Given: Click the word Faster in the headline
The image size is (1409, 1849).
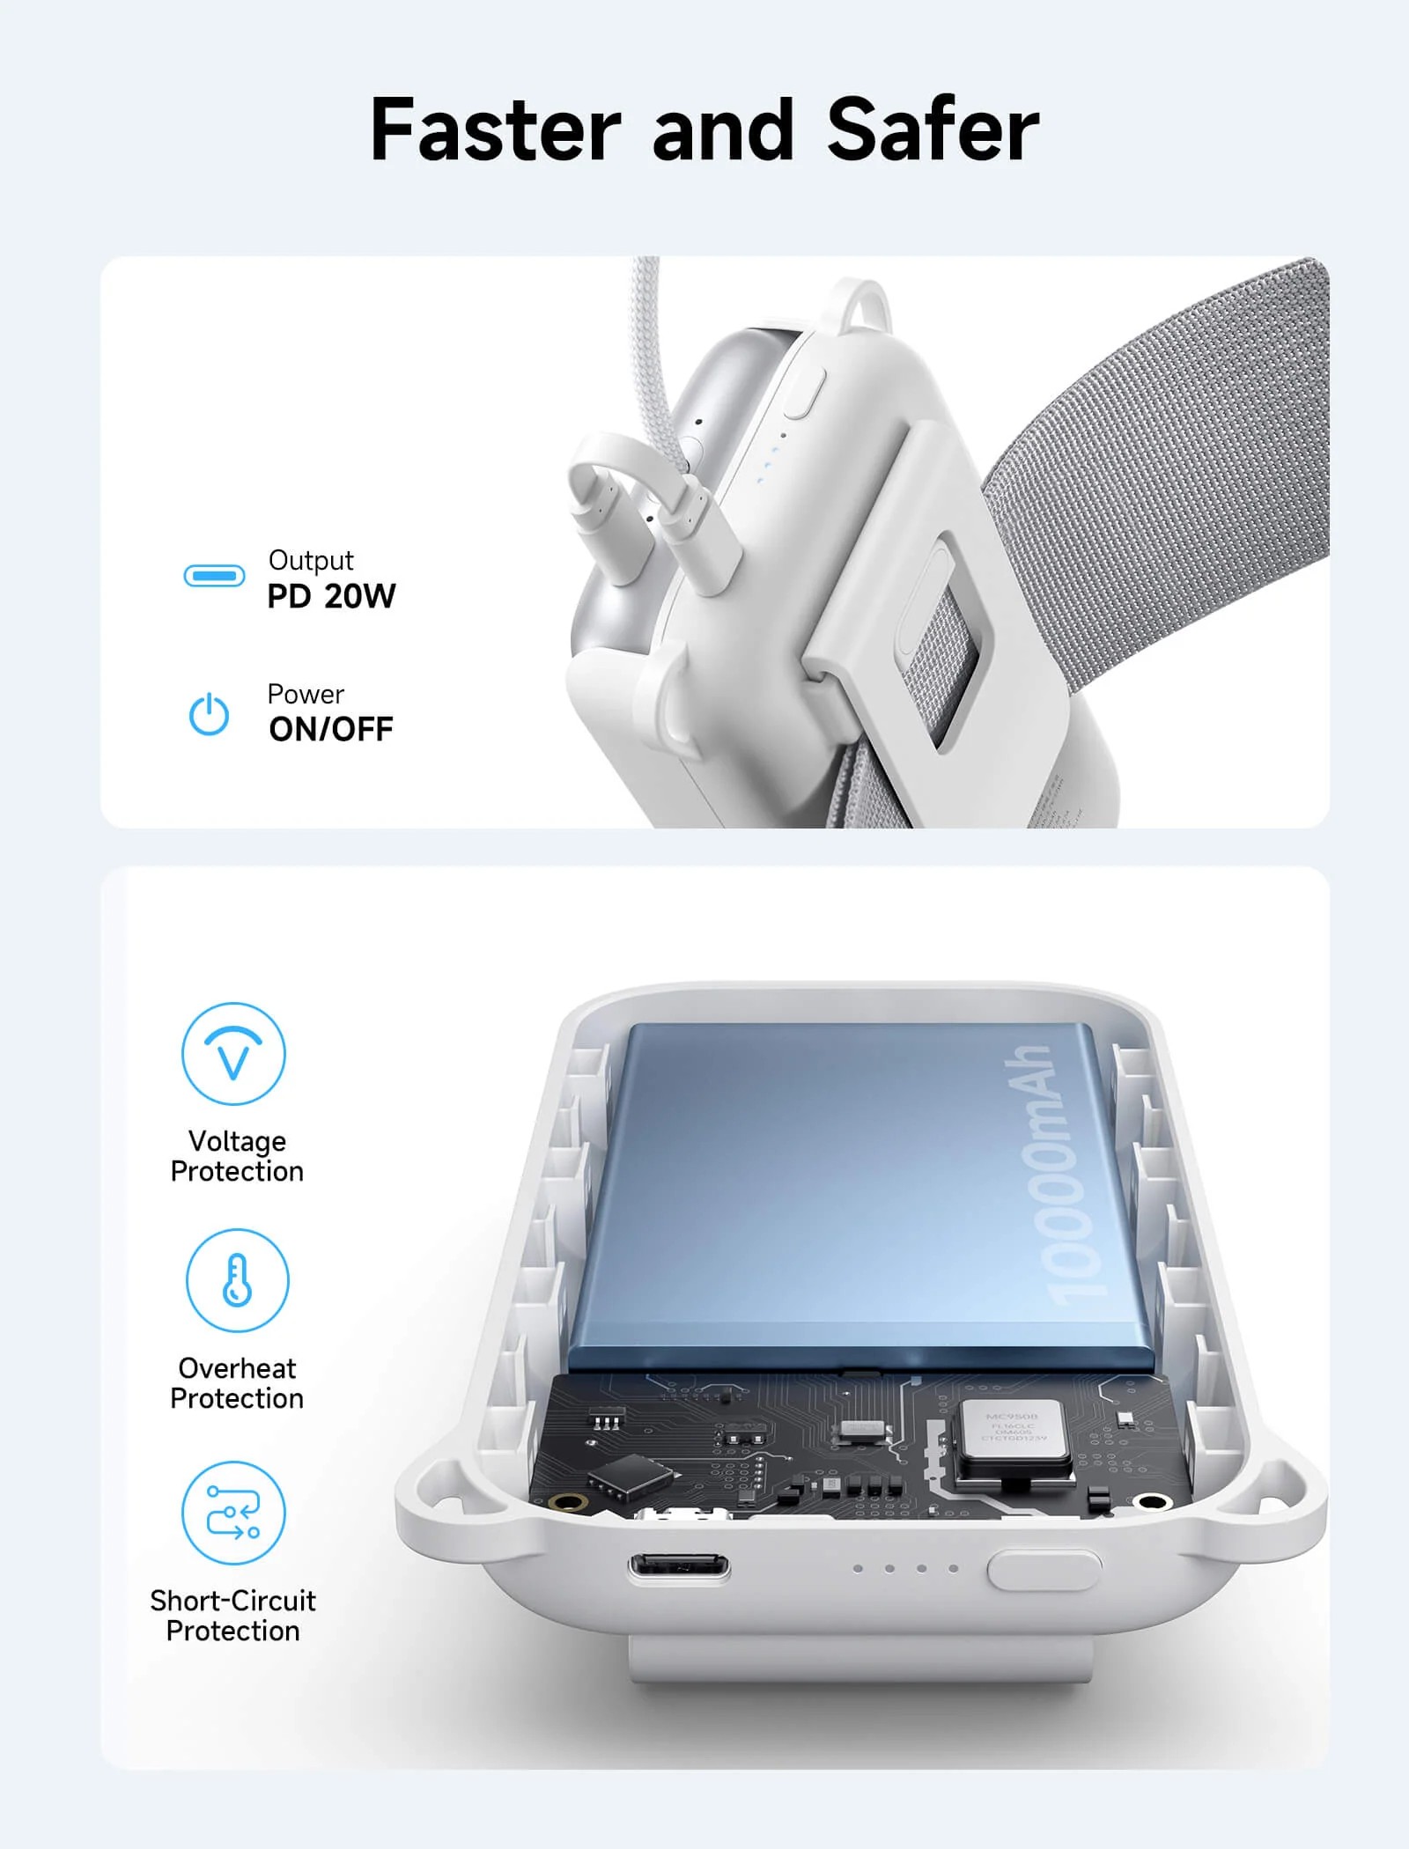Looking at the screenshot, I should coord(496,130).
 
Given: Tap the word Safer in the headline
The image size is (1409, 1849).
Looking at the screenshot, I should coord(933,130).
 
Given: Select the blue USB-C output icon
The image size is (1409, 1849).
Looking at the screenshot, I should coord(214,576).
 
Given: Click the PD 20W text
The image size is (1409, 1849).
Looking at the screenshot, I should coord(331,597).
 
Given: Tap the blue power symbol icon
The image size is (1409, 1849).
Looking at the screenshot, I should coord(210,714).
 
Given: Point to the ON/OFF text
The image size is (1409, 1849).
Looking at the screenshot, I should coord(331,730).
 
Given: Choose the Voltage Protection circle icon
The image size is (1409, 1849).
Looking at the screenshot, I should coord(233,1053).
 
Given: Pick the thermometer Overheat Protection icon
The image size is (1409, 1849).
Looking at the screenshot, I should coord(237,1280).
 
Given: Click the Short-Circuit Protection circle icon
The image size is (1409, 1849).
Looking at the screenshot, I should coord(233,1513).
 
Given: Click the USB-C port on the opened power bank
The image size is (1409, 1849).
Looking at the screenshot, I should coord(678,1567).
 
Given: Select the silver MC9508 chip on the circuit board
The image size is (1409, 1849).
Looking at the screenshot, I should coord(1013,1433).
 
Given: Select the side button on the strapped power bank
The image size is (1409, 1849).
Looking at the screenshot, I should coord(803,393).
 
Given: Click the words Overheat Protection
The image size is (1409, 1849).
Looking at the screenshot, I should coord(237,1383).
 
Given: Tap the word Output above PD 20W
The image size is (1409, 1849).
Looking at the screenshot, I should coord(311,560).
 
